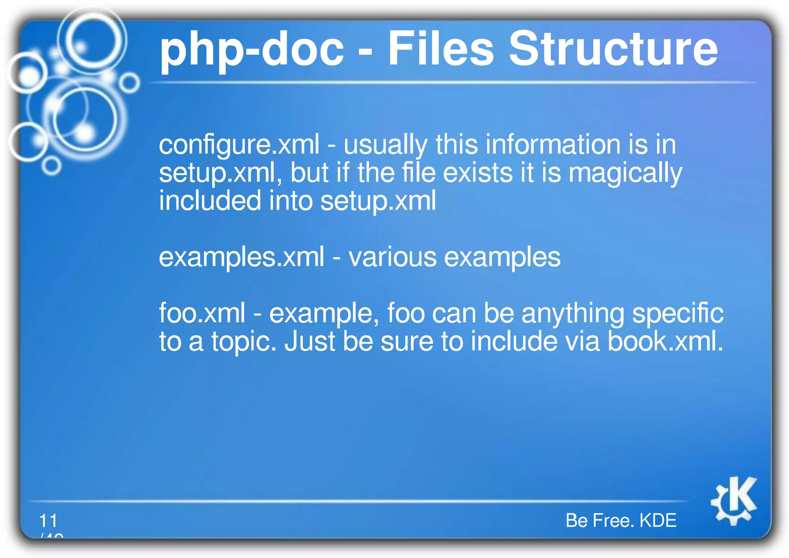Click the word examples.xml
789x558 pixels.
242,257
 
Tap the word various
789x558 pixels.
392,257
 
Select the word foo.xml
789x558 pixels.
202,313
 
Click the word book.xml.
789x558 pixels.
665,341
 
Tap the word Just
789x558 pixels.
310,341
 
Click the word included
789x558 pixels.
210,201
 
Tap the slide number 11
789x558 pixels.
48,521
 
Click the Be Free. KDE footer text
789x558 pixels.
621,521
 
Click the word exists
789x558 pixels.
478,173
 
